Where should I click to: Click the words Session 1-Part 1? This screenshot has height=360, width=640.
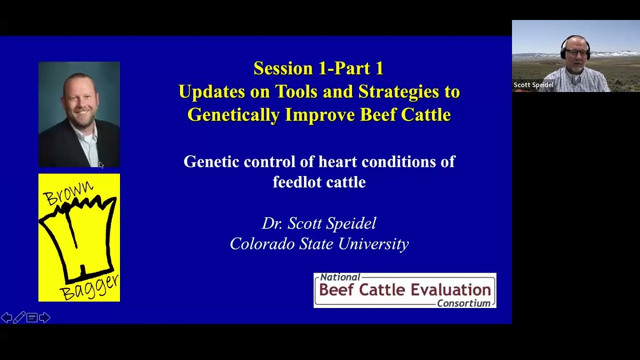pos(318,68)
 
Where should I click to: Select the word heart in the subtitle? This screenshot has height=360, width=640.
pos(338,161)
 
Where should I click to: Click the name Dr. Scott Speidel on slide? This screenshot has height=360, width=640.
pos(319,223)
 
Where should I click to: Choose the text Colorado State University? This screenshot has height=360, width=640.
pos(319,244)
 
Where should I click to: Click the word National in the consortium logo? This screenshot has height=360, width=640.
pos(340,277)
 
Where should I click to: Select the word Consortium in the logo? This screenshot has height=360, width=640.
pos(463,303)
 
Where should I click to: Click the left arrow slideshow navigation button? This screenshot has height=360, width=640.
pos(6,317)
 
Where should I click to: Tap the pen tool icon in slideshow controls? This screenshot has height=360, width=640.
pos(19,317)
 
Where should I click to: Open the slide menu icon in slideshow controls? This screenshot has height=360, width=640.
pos(32,317)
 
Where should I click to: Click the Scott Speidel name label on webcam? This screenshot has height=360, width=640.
pos(533,85)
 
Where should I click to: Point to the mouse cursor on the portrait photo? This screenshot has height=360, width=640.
pos(101,165)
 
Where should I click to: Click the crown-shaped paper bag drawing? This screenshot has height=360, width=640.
pos(77,237)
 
